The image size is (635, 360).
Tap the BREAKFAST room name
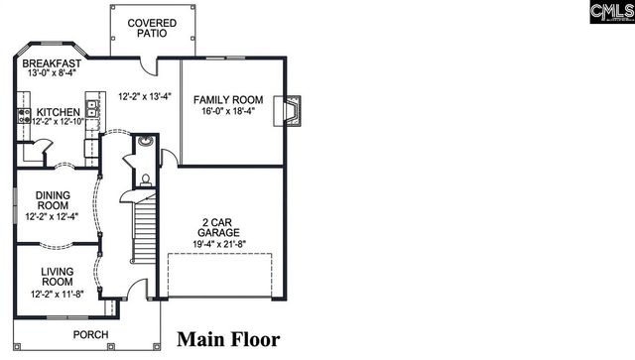point(52,63)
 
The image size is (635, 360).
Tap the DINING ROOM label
point(52,200)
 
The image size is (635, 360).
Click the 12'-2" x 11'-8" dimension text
point(58,294)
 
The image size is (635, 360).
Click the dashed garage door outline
point(219,275)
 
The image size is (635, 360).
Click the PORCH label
point(91,334)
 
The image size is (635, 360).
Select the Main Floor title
point(228,339)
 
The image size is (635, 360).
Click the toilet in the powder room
point(146,180)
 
